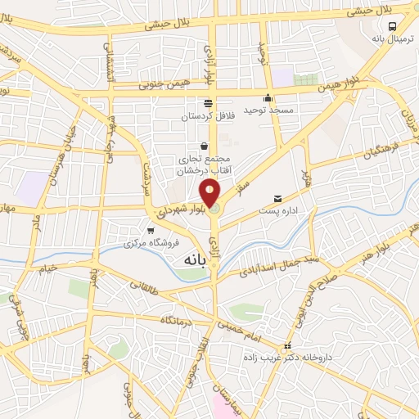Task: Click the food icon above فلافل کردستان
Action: point(208,103)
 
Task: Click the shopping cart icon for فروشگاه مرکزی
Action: point(150,231)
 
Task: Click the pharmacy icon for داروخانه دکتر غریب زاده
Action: point(286,346)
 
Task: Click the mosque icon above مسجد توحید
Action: point(268,98)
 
